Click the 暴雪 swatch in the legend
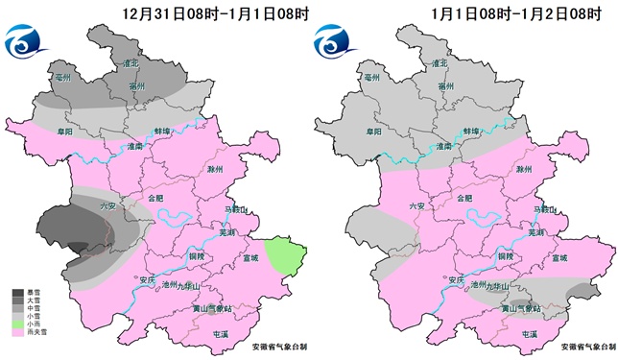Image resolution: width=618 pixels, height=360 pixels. [x=18, y=290]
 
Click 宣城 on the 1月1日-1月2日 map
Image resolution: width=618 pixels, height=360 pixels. [x=559, y=258]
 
